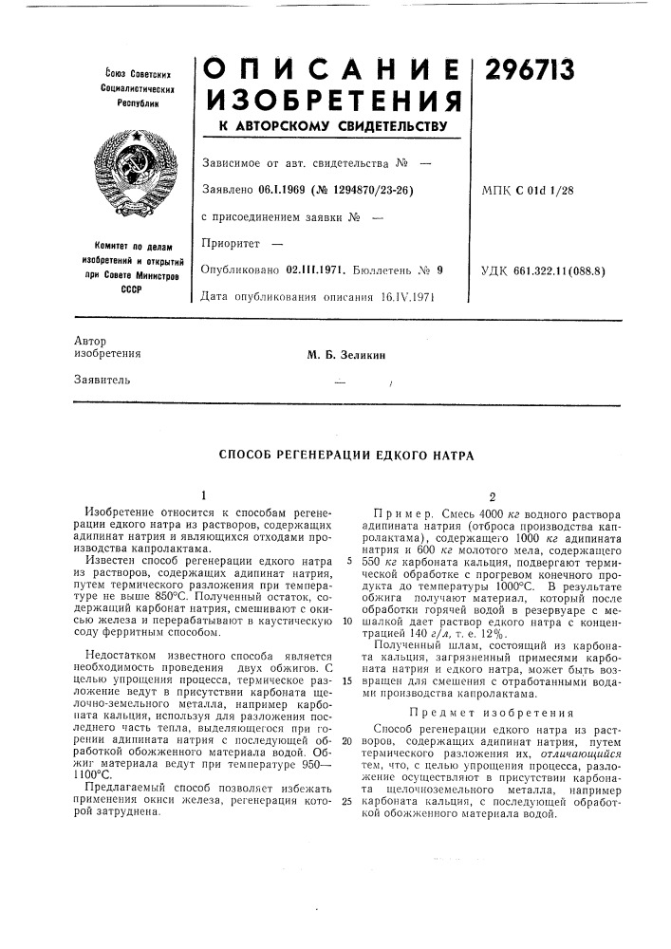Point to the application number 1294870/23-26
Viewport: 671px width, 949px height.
pos(377,190)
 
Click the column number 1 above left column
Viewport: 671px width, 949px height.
pos(202,495)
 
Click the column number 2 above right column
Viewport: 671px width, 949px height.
pos(492,495)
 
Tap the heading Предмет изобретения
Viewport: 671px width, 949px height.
pos(492,712)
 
